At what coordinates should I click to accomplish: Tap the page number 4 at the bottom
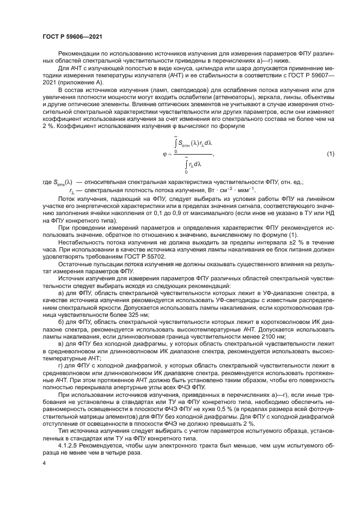pos(44,463)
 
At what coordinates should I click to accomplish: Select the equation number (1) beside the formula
pos(330,154)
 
